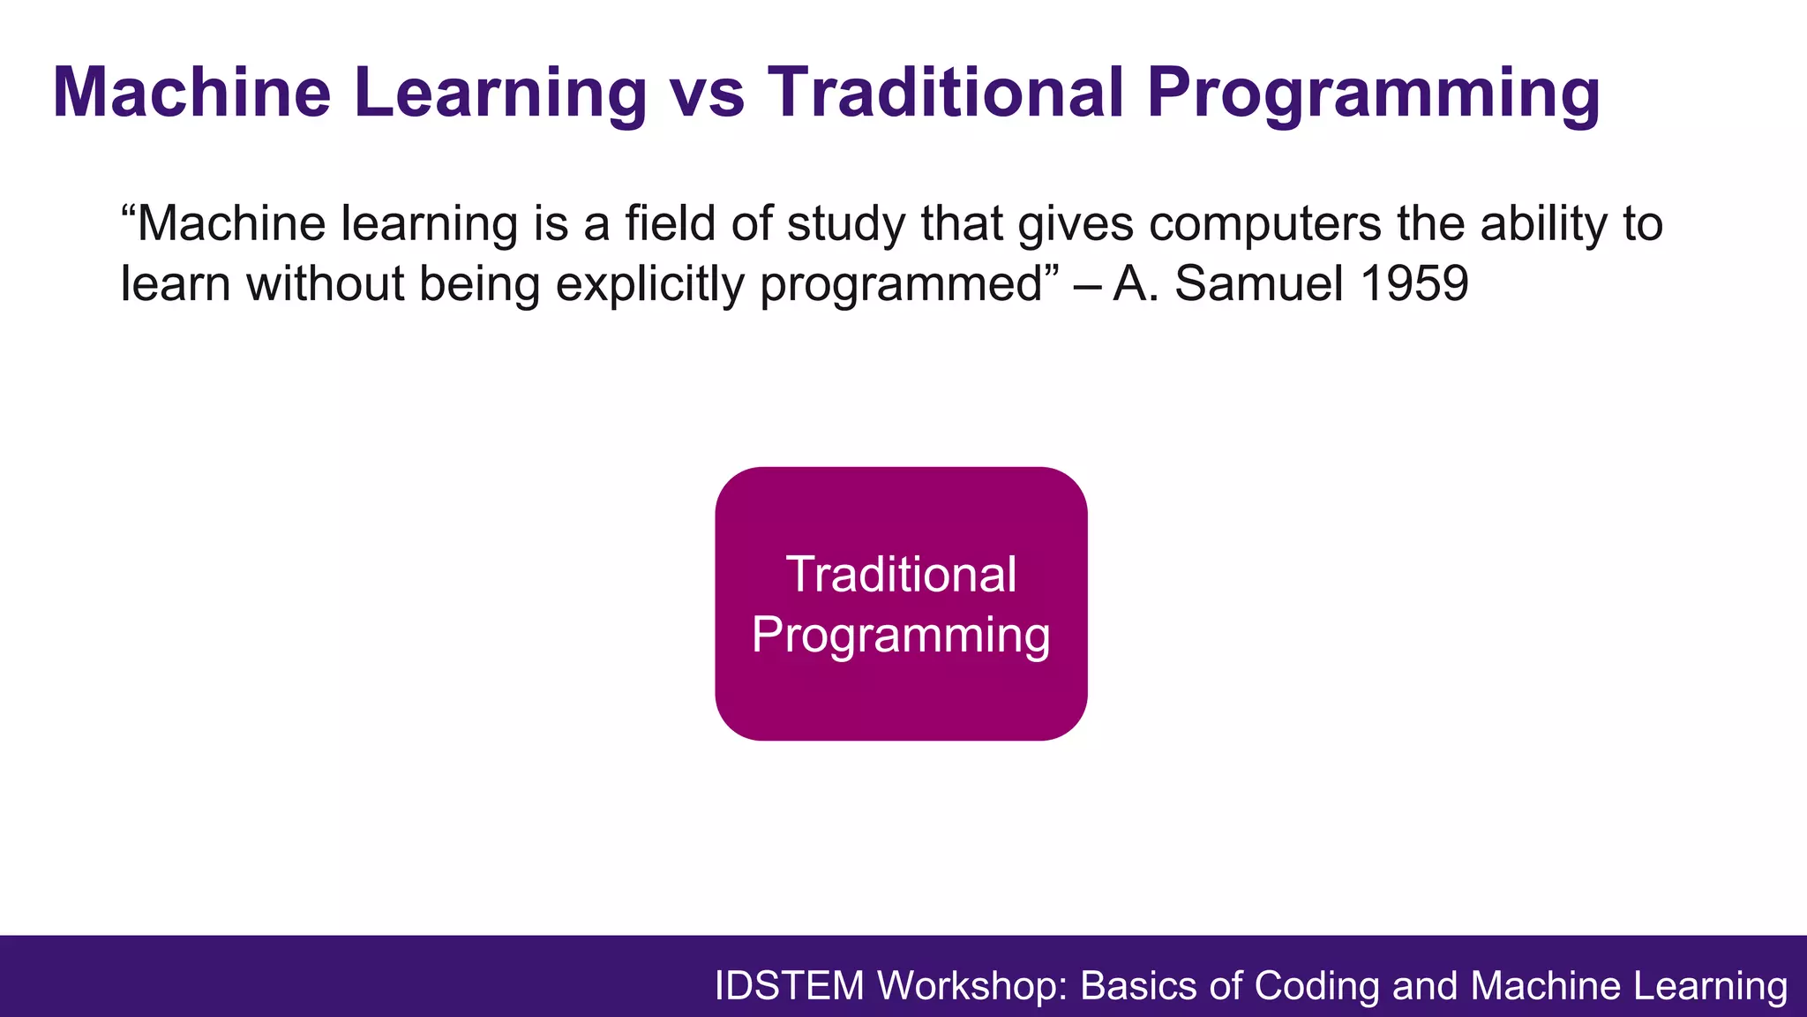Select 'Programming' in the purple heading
tap(1373, 95)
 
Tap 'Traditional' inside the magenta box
tap(901, 575)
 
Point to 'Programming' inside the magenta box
tap(901, 636)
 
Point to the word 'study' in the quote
tap(845, 225)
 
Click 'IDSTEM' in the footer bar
tap(789, 986)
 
